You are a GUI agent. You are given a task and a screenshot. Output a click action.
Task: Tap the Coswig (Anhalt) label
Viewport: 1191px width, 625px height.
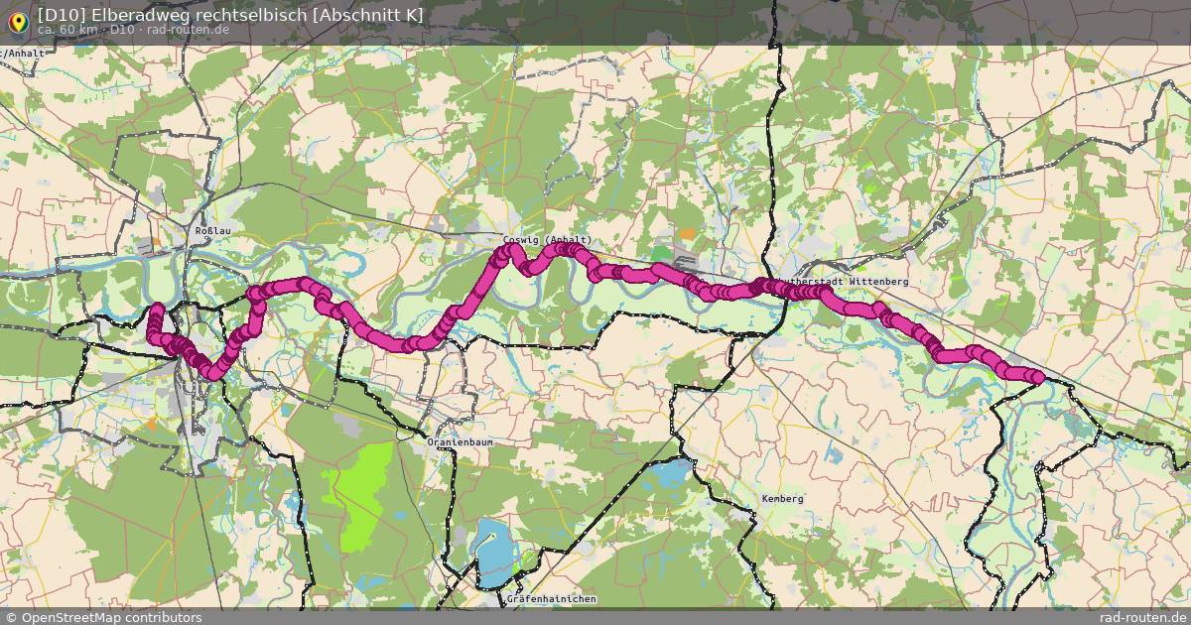tap(548, 240)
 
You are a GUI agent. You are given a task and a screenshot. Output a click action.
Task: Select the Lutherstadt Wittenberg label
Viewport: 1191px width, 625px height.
tap(845, 282)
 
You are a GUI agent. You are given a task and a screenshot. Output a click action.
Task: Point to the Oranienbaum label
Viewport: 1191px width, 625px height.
tap(460, 441)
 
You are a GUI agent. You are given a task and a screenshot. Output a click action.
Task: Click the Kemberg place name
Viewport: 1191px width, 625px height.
tap(782, 499)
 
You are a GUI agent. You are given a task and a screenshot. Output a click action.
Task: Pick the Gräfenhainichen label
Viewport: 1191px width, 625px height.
tap(551, 599)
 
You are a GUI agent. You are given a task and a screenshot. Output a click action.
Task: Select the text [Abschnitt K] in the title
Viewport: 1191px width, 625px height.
tap(368, 14)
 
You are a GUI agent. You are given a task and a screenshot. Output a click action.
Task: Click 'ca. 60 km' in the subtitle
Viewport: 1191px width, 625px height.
tap(67, 30)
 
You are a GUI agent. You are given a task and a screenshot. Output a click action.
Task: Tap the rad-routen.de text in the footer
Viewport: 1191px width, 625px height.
tap(1139, 617)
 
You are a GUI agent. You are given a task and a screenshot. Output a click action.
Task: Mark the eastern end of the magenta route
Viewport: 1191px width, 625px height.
tap(1038, 377)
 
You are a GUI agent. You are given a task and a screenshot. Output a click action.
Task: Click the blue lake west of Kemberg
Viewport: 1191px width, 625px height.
tap(671, 471)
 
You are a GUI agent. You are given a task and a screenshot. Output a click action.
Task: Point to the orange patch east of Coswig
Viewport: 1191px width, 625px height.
tap(687, 235)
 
